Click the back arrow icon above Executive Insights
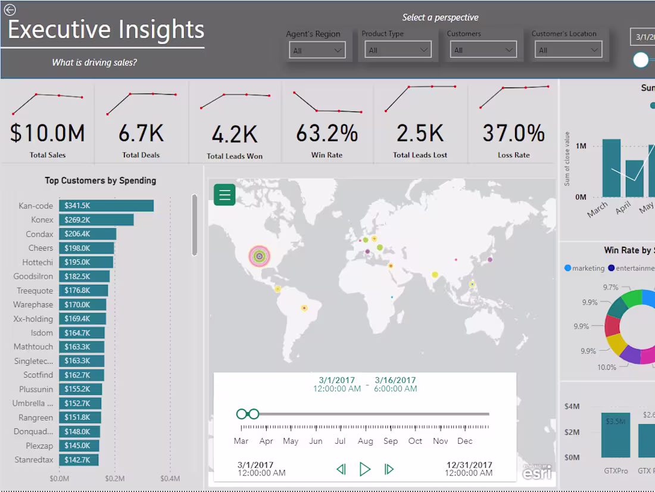point(10,10)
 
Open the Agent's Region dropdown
point(317,51)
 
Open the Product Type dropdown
point(398,50)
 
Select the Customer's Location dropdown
point(568,51)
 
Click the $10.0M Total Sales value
point(48,133)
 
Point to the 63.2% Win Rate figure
point(327,133)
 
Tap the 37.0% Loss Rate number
point(513,133)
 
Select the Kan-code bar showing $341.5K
point(107,205)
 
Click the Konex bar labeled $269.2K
point(96,220)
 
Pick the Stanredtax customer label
point(34,460)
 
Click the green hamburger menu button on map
point(224,195)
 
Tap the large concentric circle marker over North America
point(259,256)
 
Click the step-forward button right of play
point(389,469)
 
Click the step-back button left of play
point(341,469)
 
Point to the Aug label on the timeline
point(365,441)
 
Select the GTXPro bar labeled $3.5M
point(616,435)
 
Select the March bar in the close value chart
point(611,168)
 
